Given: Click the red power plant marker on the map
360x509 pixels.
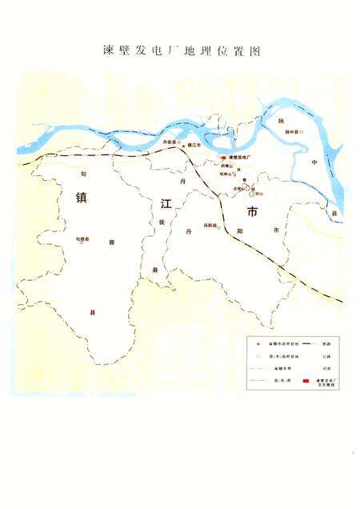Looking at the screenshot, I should [223, 158].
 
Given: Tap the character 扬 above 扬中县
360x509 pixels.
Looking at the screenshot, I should [303, 117].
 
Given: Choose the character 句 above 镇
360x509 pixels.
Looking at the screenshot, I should [83, 172].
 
